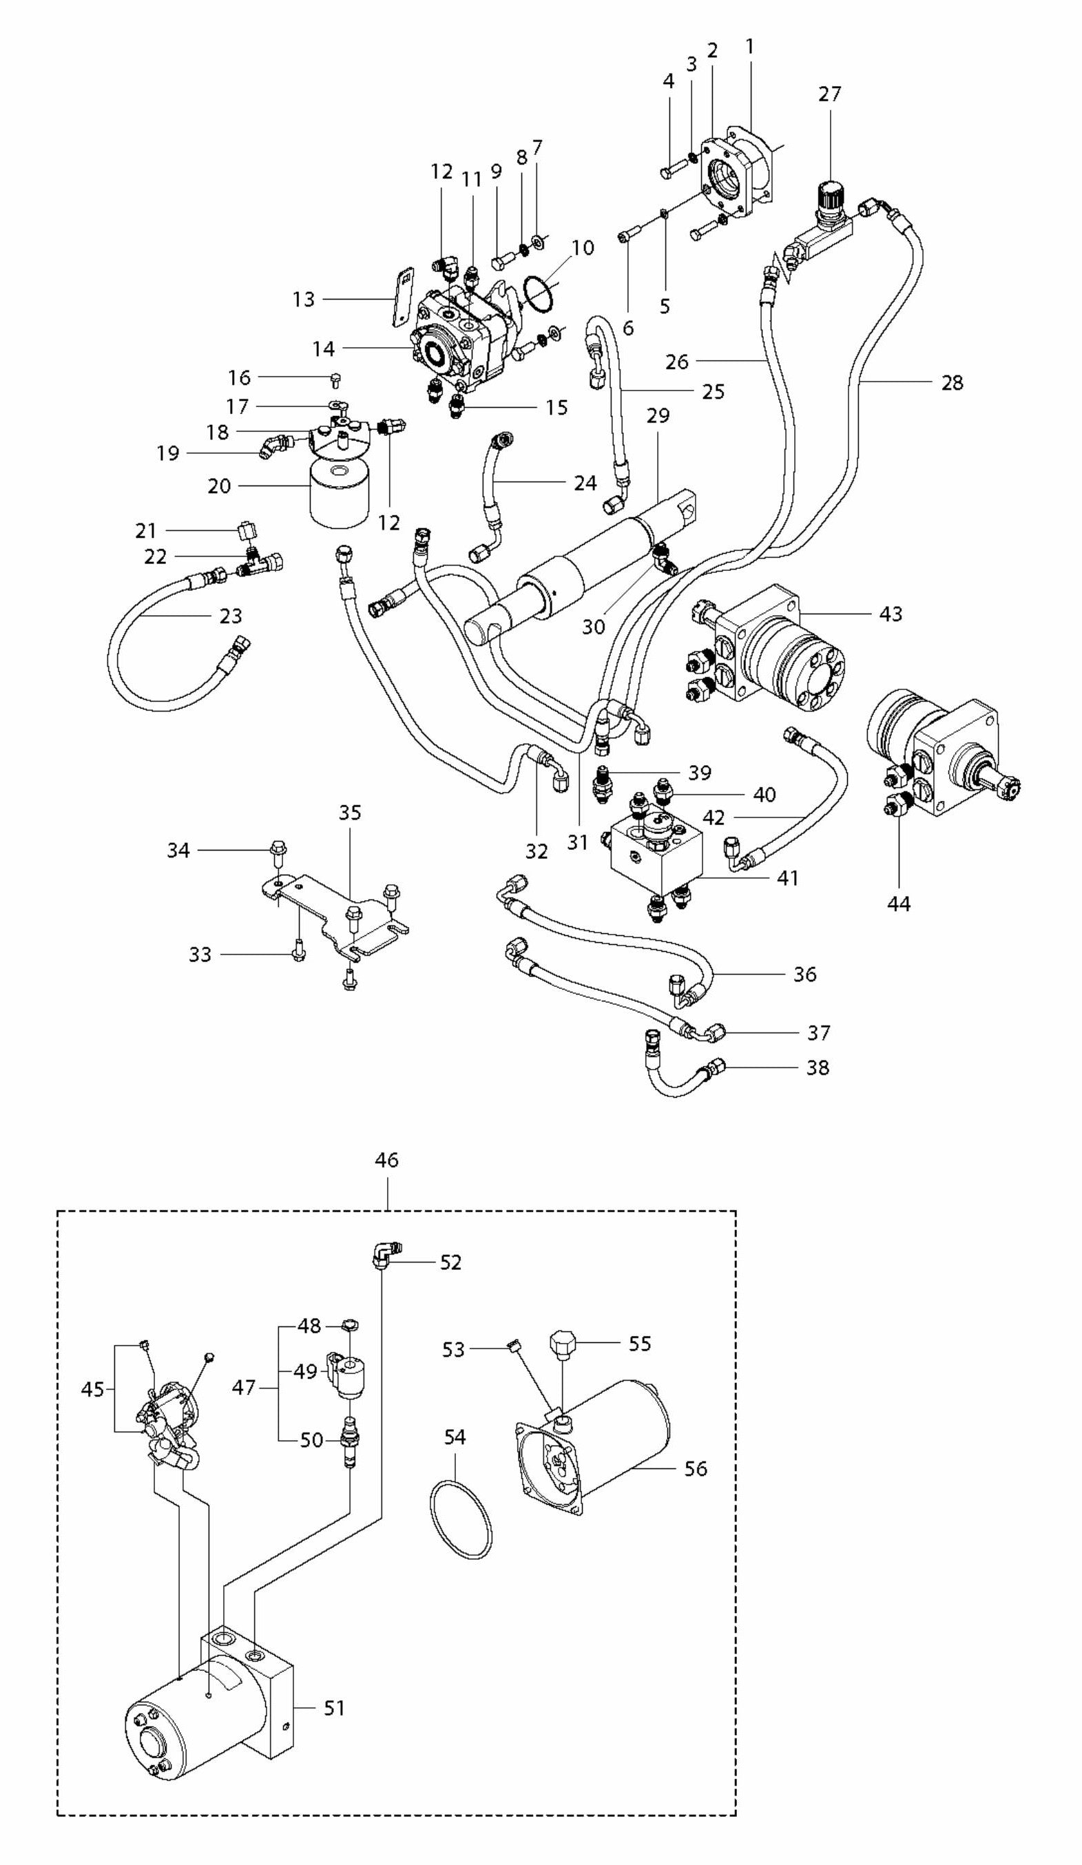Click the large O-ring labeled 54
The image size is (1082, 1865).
(x=460, y=1519)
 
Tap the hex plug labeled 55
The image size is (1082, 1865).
(x=564, y=1342)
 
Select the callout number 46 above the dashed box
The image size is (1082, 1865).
(x=386, y=1160)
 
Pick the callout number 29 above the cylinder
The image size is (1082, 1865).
(x=657, y=416)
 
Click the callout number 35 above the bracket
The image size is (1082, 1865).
(x=349, y=813)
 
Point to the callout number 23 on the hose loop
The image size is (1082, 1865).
(x=231, y=616)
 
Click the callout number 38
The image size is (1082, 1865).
(x=817, y=1067)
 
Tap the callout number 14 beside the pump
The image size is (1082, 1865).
(x=324, y=348)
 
